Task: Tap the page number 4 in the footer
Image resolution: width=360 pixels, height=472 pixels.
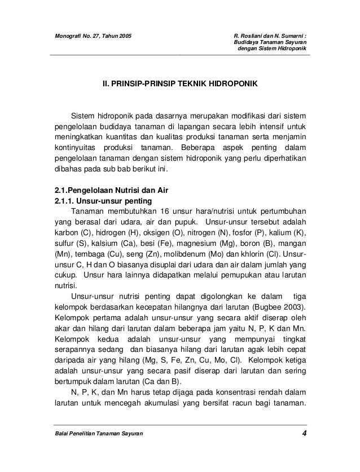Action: [x=304, y=433]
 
